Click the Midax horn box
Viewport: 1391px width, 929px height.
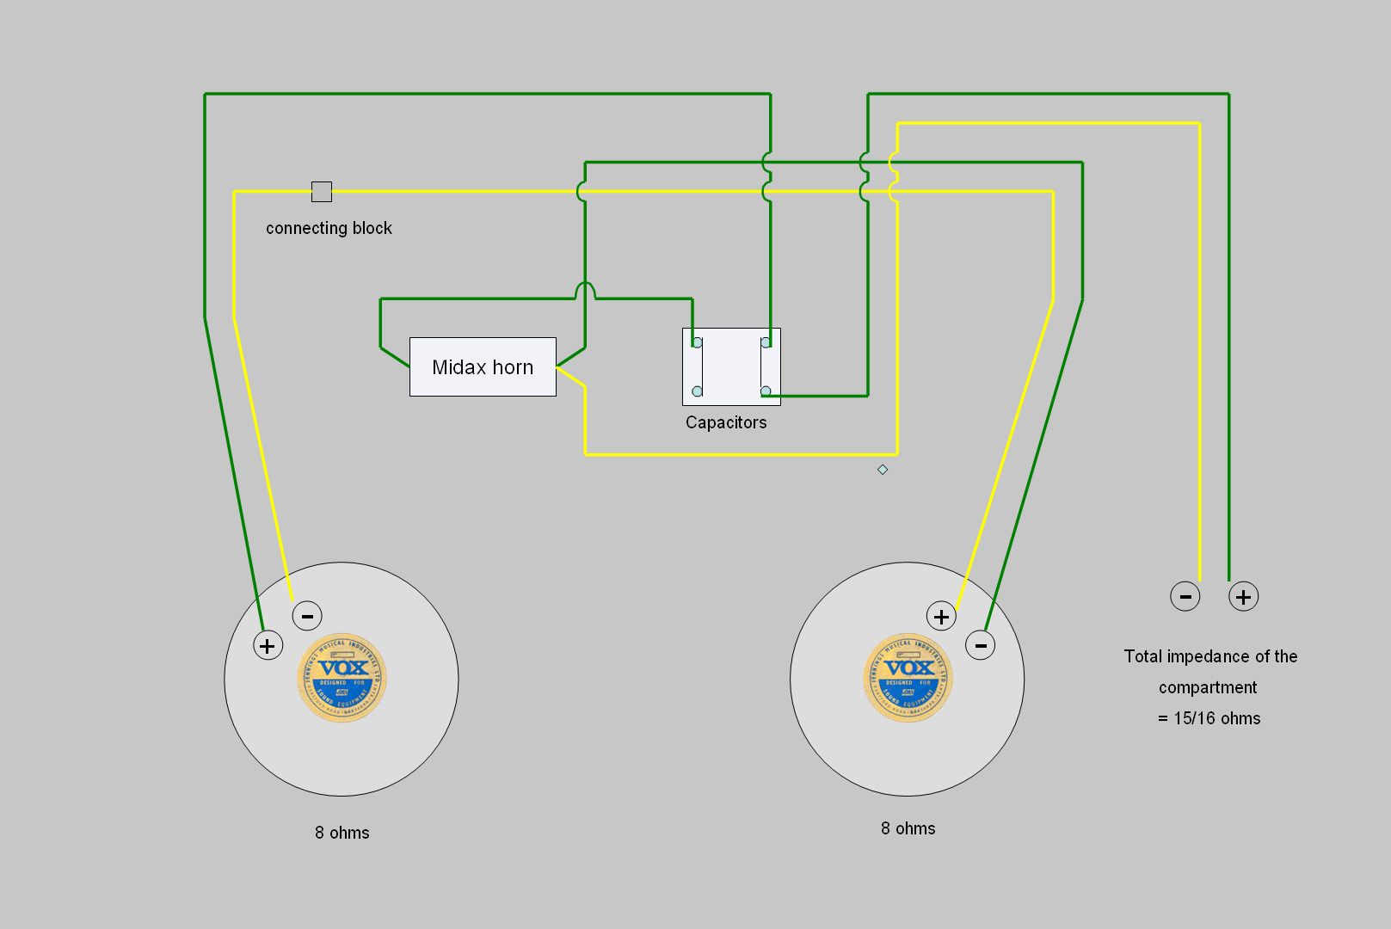(x=483, y=367)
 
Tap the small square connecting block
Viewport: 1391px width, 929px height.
(x=322, y=191)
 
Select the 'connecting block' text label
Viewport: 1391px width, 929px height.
(x=329, y=228)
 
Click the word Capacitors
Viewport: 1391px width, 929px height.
(x=726, y=422)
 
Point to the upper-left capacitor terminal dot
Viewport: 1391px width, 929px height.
(x=697, y=342)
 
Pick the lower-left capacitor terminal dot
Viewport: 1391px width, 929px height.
(x=697, y=391)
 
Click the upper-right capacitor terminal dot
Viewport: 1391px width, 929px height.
(x=766, y=342)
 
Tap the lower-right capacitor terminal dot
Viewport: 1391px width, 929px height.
(x=766, y=391)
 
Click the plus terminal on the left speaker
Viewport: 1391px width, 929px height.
(x=268, y=645)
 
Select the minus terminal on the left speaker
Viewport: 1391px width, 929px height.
(x=307, y=616)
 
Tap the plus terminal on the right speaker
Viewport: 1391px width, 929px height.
(x=941, y=616)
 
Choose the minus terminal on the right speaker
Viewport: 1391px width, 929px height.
(x=981, y=645)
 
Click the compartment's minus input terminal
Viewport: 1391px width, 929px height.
(x=1185, y=596)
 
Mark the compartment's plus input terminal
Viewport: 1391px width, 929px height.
(x=1243, y=596)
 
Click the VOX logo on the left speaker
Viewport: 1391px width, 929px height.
(x=342, y=678)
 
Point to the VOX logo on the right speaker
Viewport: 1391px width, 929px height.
(x=908, y=678)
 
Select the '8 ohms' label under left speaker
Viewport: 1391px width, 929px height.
(x=342, y=833)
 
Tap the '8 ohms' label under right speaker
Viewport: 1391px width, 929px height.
(x=908, y=828)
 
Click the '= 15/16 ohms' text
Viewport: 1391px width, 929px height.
(x=1209, y=718)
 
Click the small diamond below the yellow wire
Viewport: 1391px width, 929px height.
(x=883, y=470)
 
